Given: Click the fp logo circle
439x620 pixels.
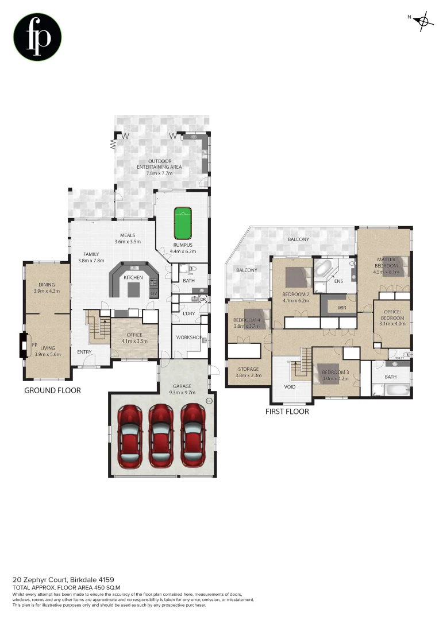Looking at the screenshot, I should click(37, 37).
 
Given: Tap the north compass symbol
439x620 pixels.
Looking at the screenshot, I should click(423, 21).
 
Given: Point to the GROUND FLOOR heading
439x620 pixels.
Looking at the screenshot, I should click(52, 390).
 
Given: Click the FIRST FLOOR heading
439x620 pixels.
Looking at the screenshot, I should click(287, 411).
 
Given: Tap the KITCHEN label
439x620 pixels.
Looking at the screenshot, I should click(133, 278).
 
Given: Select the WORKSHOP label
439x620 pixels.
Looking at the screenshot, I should click(187, 337).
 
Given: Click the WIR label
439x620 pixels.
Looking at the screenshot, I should click(334, 308).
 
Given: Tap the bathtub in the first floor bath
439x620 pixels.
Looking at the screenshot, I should click(396, 390).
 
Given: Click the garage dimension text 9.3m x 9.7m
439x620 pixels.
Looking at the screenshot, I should click(183, 393).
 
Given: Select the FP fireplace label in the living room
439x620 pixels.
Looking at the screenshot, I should click(35, 346).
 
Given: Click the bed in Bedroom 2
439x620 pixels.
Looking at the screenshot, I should click(297, 277).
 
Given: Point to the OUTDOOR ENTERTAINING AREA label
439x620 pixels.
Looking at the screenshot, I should click(159, 164).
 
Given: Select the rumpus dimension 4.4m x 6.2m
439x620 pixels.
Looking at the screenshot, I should click(183, 251).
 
